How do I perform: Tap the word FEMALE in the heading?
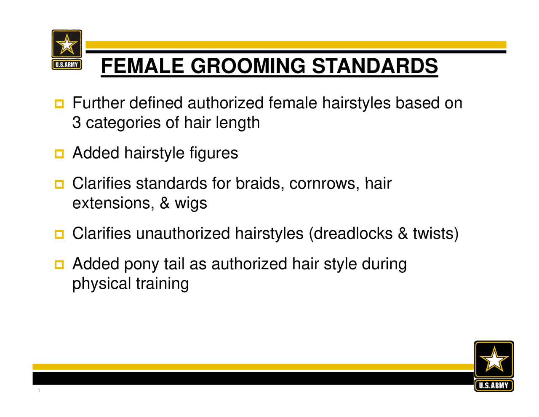[x=142, y=66]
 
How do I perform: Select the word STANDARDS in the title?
[x=374, y=66]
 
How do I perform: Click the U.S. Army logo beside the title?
[x=67, y=49]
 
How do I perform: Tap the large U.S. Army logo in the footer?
[x=494, y=366]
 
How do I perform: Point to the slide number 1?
[x=39, y=390]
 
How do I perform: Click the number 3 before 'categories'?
[x=76, y=123]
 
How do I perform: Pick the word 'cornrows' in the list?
[x=324, y=183]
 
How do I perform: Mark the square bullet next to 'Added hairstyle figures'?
[x=59, y=153]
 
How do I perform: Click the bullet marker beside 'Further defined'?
[x=59, y=104]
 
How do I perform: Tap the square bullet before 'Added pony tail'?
[x=59, y=265]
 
